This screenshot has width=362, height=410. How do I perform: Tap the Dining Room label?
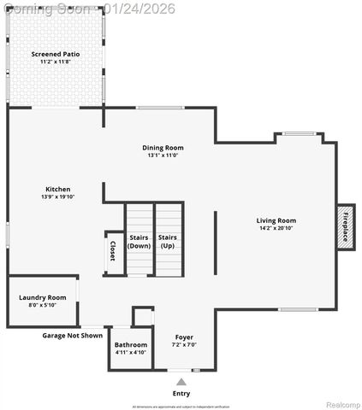[x=163, y=148]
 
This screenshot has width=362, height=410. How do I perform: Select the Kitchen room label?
[x=58, y=189]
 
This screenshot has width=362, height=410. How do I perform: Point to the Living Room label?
[x=276, y=220]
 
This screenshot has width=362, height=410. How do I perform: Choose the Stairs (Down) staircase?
[x=139, y=240]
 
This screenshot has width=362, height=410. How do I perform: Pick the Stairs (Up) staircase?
[x=168, y=240]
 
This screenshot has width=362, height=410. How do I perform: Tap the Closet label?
[x=113, y=252]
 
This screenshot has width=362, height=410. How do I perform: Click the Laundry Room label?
[x=42, y=297]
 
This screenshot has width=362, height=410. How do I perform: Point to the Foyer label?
[x=184, y=337]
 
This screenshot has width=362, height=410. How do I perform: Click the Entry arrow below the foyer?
[x=181, y=381]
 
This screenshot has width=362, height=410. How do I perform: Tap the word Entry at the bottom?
[x=181, y=393]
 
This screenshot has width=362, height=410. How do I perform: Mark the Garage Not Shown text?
[x=73, y=336]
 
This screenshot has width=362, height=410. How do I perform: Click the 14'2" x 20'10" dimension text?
[x=276, y=228]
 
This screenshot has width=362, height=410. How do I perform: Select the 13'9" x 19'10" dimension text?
[x=58, y=196]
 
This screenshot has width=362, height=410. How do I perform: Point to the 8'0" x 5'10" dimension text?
[x=42, y=305]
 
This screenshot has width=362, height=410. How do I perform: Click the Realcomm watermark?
[x=341, y=403]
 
